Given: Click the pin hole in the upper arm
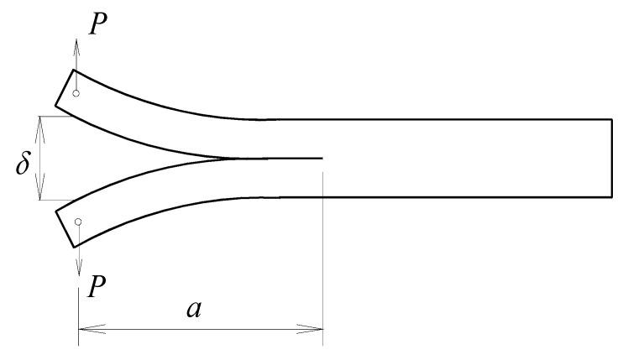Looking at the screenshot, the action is click(76, 93).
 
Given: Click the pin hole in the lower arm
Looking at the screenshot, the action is click(78, 222).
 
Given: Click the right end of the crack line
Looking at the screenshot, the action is click(322, 158).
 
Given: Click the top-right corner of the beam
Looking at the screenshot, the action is click(611, 120).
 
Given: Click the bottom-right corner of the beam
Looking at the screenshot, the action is click(611, 196).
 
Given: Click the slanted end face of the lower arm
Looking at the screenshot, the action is click(66, 228).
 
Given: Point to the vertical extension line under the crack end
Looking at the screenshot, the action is click(322, 252).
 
